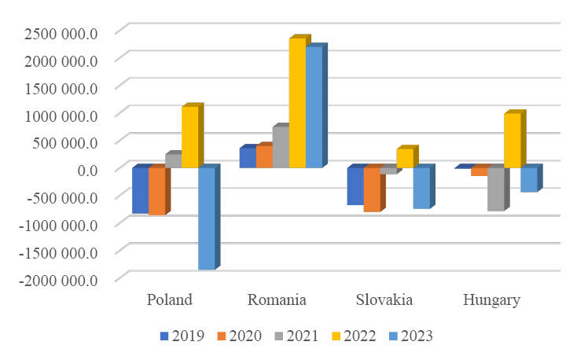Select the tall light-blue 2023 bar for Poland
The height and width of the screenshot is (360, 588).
(206, 219)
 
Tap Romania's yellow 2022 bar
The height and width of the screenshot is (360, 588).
(297, 103)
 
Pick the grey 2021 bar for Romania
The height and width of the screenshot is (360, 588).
(281, 147)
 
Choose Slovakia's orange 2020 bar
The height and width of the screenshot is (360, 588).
(372, 189)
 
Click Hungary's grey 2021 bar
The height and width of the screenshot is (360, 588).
(495, 189)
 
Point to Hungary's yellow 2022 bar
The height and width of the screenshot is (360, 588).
(512, 141)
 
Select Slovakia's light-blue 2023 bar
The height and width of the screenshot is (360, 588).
(421, 188)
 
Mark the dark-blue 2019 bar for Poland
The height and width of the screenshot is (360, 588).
(140, 190)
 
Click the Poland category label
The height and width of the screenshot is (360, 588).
(170, 300)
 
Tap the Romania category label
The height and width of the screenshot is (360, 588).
(277, 300)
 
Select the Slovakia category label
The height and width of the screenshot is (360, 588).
(384, 300)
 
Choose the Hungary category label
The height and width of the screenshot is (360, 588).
(491, 300)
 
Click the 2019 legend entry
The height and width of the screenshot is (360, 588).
(182, 336)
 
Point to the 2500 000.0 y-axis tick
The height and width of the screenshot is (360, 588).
(61, 32)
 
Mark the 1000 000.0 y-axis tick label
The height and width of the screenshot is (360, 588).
(61, 115)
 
